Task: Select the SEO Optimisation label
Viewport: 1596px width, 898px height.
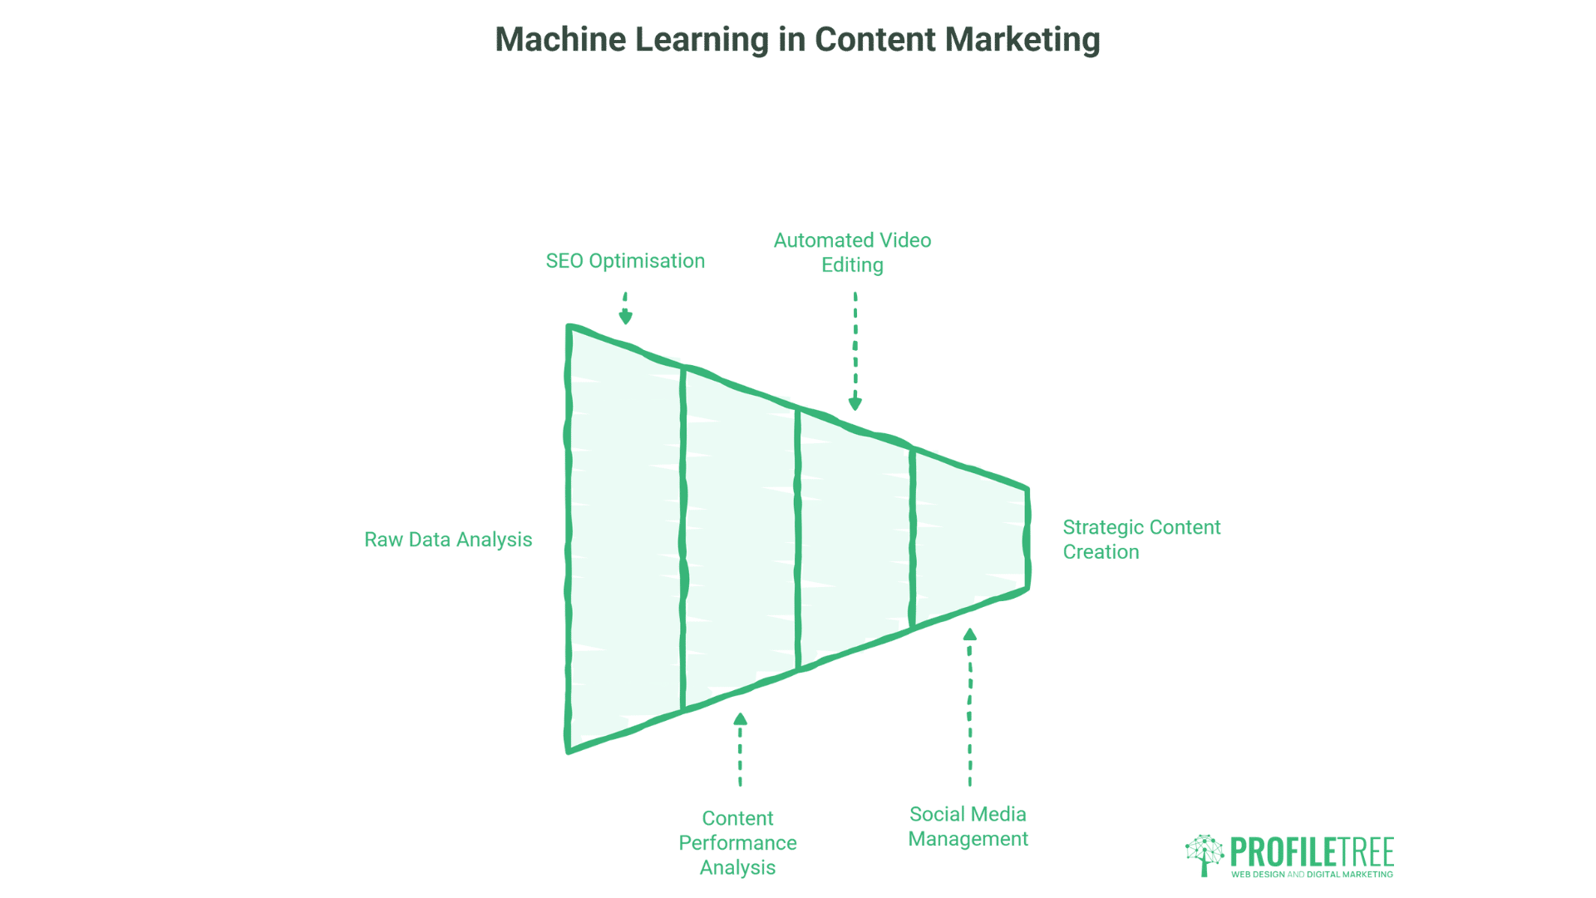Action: (x=625, y=261)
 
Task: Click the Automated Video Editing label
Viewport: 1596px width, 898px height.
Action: (x=852, y=253)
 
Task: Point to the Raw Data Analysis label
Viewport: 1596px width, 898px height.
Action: (x=448, y=540)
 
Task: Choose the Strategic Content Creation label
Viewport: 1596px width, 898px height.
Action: (x=1141, y=540)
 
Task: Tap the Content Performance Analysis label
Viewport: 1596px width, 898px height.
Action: (x=737, y=842)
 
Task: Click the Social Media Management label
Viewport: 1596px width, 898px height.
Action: (x=968, y=826)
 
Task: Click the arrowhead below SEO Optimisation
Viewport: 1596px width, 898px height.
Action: (x=626, y=317)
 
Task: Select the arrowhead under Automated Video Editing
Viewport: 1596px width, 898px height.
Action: (x=855, y=404)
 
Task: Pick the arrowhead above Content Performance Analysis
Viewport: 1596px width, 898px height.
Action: (x=740, y=719)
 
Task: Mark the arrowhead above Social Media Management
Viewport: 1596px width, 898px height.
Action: (x=969, y=634)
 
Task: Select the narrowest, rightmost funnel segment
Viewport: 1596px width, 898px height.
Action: (x=969, y=539)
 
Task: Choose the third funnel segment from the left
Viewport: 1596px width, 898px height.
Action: (x=855, y=539)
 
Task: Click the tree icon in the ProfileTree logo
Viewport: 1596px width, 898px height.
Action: (x=1204, y=855)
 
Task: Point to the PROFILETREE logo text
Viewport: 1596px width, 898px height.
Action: (x=1312, y=852)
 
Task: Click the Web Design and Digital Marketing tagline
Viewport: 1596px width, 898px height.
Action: (x=1312, y=875)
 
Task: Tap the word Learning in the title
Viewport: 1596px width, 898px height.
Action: (x=702, y=40)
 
